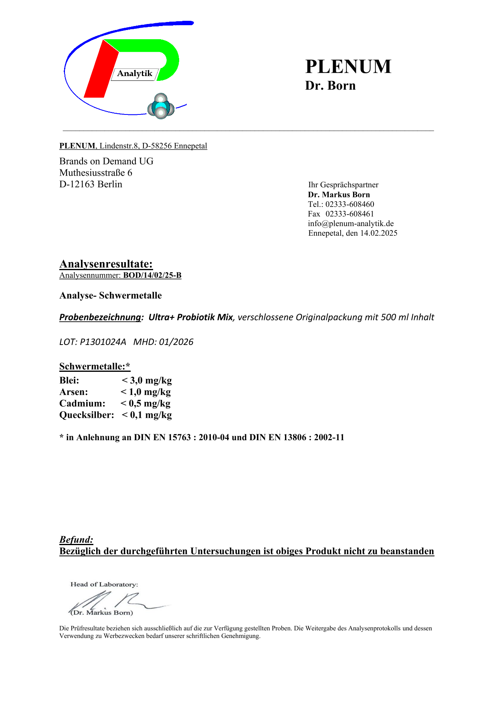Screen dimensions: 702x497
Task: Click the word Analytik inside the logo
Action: (135, 74)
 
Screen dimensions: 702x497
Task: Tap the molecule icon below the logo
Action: (161, 107)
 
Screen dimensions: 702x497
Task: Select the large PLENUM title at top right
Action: (348, 66)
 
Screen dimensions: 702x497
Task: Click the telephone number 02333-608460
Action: (350, 204)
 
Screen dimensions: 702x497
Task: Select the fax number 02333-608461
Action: (350, 214)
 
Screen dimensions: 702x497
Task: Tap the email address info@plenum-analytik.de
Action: (351, 223)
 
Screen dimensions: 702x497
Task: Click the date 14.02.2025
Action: (378, 233)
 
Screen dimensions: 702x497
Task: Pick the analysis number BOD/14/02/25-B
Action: (152, 275)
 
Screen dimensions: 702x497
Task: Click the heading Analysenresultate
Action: (106, 264)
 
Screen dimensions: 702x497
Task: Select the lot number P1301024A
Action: (103, 342)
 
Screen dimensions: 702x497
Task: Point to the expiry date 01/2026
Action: (176, 342)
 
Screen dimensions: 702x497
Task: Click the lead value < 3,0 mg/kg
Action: (147, 380)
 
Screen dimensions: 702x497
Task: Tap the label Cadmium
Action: (82, 403)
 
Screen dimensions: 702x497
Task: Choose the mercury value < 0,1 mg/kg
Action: (147, 415)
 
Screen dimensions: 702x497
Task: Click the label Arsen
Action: (73, 392)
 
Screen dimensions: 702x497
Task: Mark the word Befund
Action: (76, 540)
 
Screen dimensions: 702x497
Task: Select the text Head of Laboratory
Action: (104, 584)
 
